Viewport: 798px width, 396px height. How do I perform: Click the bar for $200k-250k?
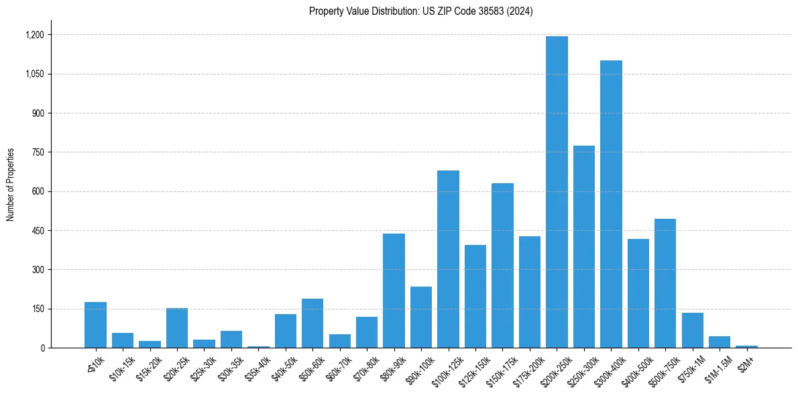click(x=557, y=192)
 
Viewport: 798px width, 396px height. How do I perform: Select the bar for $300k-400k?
click(x=611, y=204)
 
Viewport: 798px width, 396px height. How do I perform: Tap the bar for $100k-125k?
click(x=448, y=259)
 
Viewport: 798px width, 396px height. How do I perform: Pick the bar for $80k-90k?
click(x=394, y=291)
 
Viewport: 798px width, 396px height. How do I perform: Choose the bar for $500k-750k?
click(x=665, y=283)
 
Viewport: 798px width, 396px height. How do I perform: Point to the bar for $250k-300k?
click(x=584, y=246)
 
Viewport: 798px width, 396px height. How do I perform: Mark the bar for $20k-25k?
click(x=177, y=328)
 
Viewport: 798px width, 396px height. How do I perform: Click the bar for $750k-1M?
click(x=693, y=330)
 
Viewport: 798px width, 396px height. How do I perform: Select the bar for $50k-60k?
click(x=312, y=323)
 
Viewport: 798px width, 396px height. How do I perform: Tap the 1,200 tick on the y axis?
click(x=34, y=35)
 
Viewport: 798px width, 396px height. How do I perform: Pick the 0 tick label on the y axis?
click(x=43, y=348)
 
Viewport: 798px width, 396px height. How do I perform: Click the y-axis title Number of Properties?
click(x=11, y=185)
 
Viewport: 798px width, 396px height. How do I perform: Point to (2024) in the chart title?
click(x=520, y=11)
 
